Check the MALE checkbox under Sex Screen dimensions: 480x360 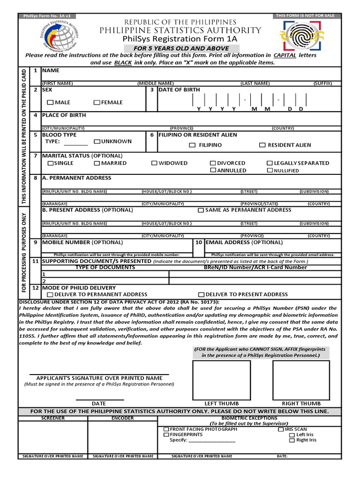pyautogui.click(x=50, y=103)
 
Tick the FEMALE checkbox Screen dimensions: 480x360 pyautogui.click(x=97, y=103)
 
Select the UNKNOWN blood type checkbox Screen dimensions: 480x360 pyautogui.click(x=97, y=142)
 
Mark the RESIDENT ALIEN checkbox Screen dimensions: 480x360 pyautogui.click(x=262, y=145)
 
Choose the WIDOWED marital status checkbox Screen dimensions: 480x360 pyautogui.click(x=154, y=163)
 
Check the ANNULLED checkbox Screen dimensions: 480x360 pyautogui.click(x=213, y=171)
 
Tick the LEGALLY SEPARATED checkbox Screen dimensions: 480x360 pyautogui.click(x=270, y=163)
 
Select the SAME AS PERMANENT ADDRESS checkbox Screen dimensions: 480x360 pyautogui.click(x=201, y=210)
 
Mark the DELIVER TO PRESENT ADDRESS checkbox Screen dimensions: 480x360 pyautogui.click(x=201, y=295)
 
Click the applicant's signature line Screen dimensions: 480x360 pyautogui.click(x=99, y=375)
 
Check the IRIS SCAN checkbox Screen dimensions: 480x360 pyautogui.click(x=280, y=429)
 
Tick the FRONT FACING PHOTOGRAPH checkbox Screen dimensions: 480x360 pyautogui.click(x=166, y=429)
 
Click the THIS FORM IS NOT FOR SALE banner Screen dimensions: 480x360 pyautogui.click(x=305, y=15)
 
